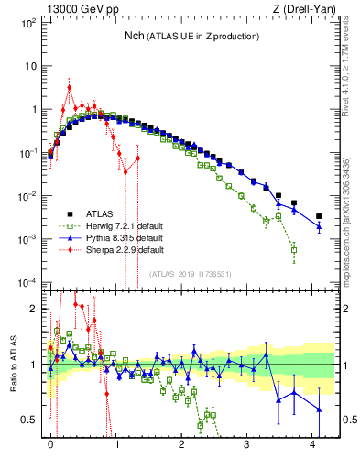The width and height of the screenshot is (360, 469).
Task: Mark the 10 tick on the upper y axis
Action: [30, 66]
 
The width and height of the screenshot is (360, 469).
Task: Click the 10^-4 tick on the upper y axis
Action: [27, 282]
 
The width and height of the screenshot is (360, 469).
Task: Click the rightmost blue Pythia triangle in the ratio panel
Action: [319, 409]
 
